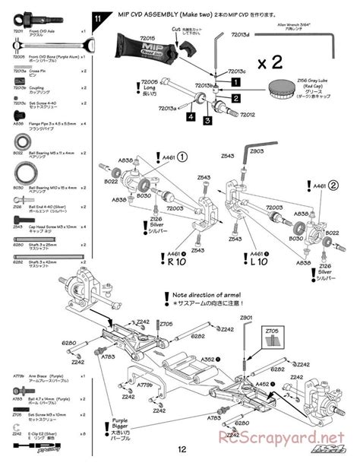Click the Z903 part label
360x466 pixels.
click(x=256, y=151)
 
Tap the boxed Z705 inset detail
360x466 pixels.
click(x=273, y=339)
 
